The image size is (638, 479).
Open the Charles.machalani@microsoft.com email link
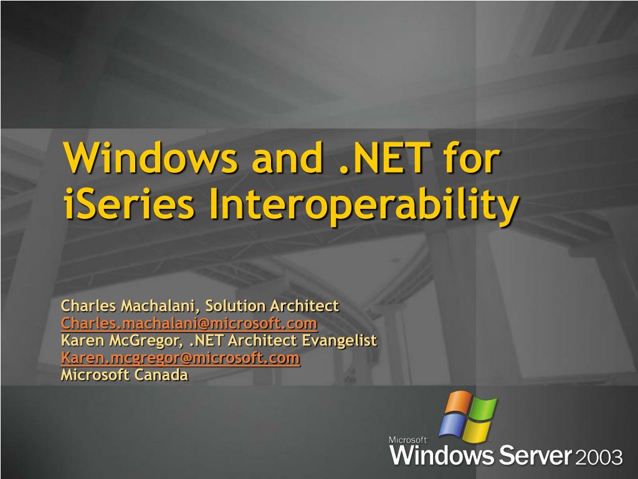pos(189,323)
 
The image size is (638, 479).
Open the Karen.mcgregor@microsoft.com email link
pos(180,358)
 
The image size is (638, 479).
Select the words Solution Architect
pos(272,306)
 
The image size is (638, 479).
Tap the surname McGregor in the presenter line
pos(150,341)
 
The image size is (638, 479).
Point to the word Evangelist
pos(340,341)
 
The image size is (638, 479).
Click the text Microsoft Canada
pos(124,375)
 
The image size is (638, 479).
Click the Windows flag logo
pos(468,417)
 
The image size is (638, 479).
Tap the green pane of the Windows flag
pos(483,409)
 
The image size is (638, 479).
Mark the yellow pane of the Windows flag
pos(477,431)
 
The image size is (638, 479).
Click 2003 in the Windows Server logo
pos(599,457)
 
